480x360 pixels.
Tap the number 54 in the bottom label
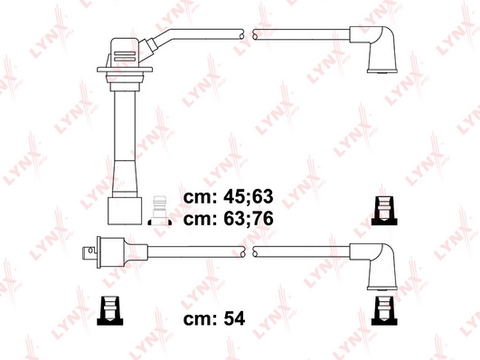click(x=234, y=318)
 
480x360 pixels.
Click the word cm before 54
click(x=201, y=319)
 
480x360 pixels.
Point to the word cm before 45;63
click(x=201, y=197)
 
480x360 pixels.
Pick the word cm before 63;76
click(x=201, y=220)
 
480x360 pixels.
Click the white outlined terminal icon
click(x=160, y=211)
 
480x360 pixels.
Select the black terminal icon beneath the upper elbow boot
click(x=384, y=211)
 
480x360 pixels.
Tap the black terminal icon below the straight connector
click(x=110, y=310)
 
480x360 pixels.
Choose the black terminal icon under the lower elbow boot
click(x=384, y=310)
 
